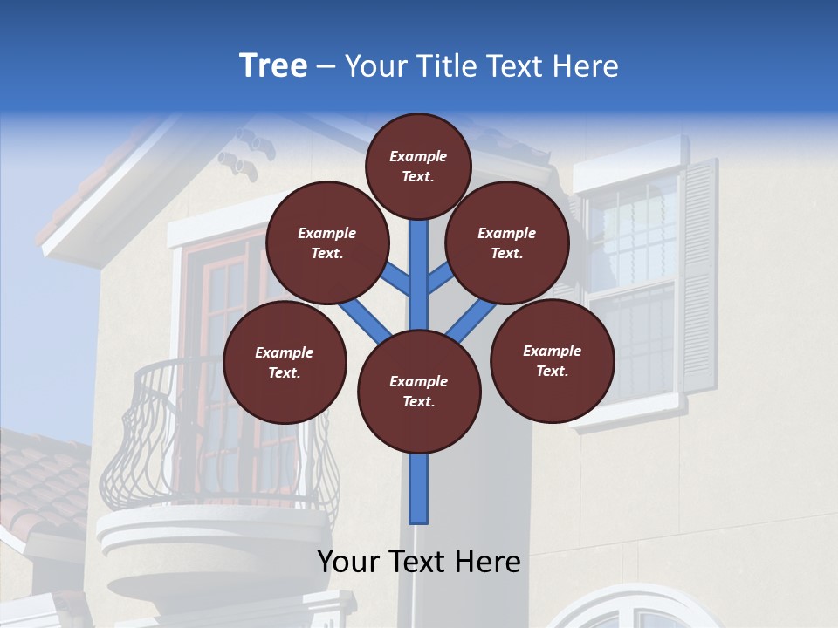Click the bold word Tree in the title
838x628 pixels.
pyautogui.click(x=273, y=66)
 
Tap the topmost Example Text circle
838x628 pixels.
pyautogui.click(x=418, y=166)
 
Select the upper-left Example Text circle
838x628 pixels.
pyautogui.click(x=327, y=242)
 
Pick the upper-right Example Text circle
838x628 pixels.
pyautogui.click(x=507, y=242)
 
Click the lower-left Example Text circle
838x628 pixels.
pyautogui.click(x=285, y=362)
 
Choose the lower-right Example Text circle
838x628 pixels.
pyautogui.click(x=552, y=360)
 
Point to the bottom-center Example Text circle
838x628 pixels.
pyautogui.click(x=419, y=391)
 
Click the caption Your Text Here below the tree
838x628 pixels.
pyautogui.click(x=419, y=562)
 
